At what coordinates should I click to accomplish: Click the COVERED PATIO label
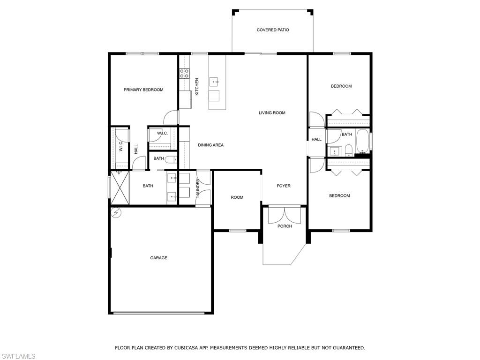click(272, 30)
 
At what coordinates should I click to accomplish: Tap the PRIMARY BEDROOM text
click(143, 90)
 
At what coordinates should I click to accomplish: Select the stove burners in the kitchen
click(184, 73)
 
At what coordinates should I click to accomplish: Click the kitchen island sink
click(216, 82)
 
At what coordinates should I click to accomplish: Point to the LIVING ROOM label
click(272, 112)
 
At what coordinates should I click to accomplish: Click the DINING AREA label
click(210, 145)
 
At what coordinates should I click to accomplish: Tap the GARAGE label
click(158, 258)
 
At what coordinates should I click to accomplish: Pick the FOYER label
click(283, 186)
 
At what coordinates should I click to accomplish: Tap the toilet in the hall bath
click(348, 150)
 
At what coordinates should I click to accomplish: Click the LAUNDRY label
click(198, 188)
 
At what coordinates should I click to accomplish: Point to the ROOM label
click(237, 197)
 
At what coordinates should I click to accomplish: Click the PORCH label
click(285, 226)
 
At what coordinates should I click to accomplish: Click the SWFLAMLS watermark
click(18, 357)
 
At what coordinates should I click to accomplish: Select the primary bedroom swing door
click(172, 117)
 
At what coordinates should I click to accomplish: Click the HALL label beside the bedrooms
click(316, 139)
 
